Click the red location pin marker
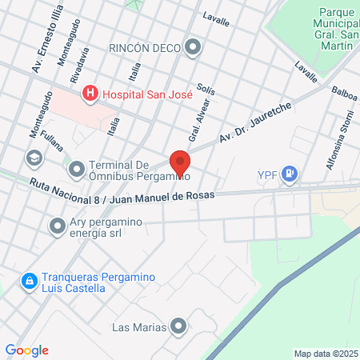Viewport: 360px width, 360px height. (179, 162)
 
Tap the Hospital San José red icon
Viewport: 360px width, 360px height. (90, 94)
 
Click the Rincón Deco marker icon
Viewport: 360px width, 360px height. (193, 48)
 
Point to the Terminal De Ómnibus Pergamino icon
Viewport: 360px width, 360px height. (77, 168)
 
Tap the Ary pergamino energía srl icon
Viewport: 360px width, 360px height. (56, 226)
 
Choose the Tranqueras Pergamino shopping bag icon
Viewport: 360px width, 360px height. (29, 282)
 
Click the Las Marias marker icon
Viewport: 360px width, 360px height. (178, 326)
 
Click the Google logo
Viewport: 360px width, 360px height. (26, 350)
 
